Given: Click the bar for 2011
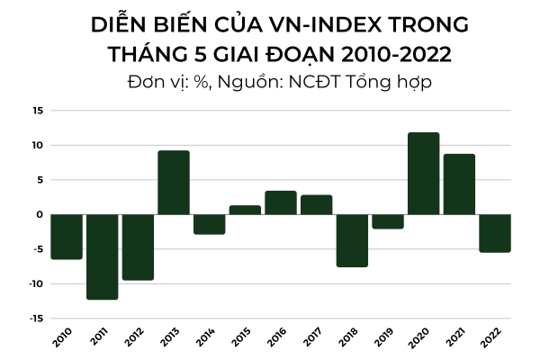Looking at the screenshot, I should click(103, 256).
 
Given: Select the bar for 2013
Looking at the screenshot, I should click(174, 183).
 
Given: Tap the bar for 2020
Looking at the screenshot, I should click(423, 174).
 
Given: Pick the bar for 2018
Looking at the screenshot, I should click(352, 240).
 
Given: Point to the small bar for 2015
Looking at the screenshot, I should click(245, 210).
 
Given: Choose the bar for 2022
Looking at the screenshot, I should click(494, 233).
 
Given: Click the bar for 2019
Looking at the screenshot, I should click(388, 221).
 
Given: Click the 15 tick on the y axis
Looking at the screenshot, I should click(37, 111).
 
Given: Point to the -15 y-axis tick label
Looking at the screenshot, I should click(35, 319).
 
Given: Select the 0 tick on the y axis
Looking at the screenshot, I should click(40, 214).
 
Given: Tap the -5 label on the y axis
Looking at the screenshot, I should click(38, 249).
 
